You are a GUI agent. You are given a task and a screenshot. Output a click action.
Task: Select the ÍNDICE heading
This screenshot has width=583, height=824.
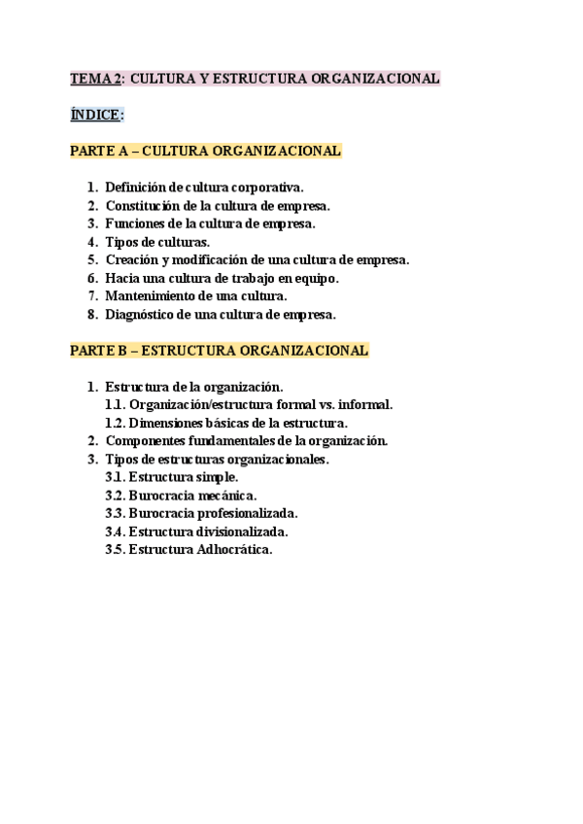tap(96, 115)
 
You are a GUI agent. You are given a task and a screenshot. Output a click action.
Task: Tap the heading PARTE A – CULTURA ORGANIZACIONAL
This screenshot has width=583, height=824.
tap(205, 151)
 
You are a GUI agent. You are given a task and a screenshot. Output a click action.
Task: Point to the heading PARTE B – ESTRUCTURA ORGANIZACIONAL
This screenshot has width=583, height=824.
tap(219, 350)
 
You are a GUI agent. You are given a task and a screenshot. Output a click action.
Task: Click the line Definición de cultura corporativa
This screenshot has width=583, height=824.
tap(204, 187)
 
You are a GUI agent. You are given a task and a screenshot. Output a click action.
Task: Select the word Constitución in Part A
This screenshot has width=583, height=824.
tap(142, 205)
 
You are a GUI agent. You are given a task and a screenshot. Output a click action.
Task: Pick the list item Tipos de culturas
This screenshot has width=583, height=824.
tap(156, 241)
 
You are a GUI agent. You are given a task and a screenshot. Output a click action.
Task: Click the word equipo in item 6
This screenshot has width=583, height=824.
tap(313, 278)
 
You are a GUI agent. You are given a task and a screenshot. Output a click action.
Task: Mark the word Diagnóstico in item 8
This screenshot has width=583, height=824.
tap(142, 314)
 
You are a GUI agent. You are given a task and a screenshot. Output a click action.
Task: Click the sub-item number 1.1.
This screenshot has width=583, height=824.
tap(115, 404)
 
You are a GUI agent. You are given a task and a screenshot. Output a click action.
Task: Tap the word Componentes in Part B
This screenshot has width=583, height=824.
tap(146, 440)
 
